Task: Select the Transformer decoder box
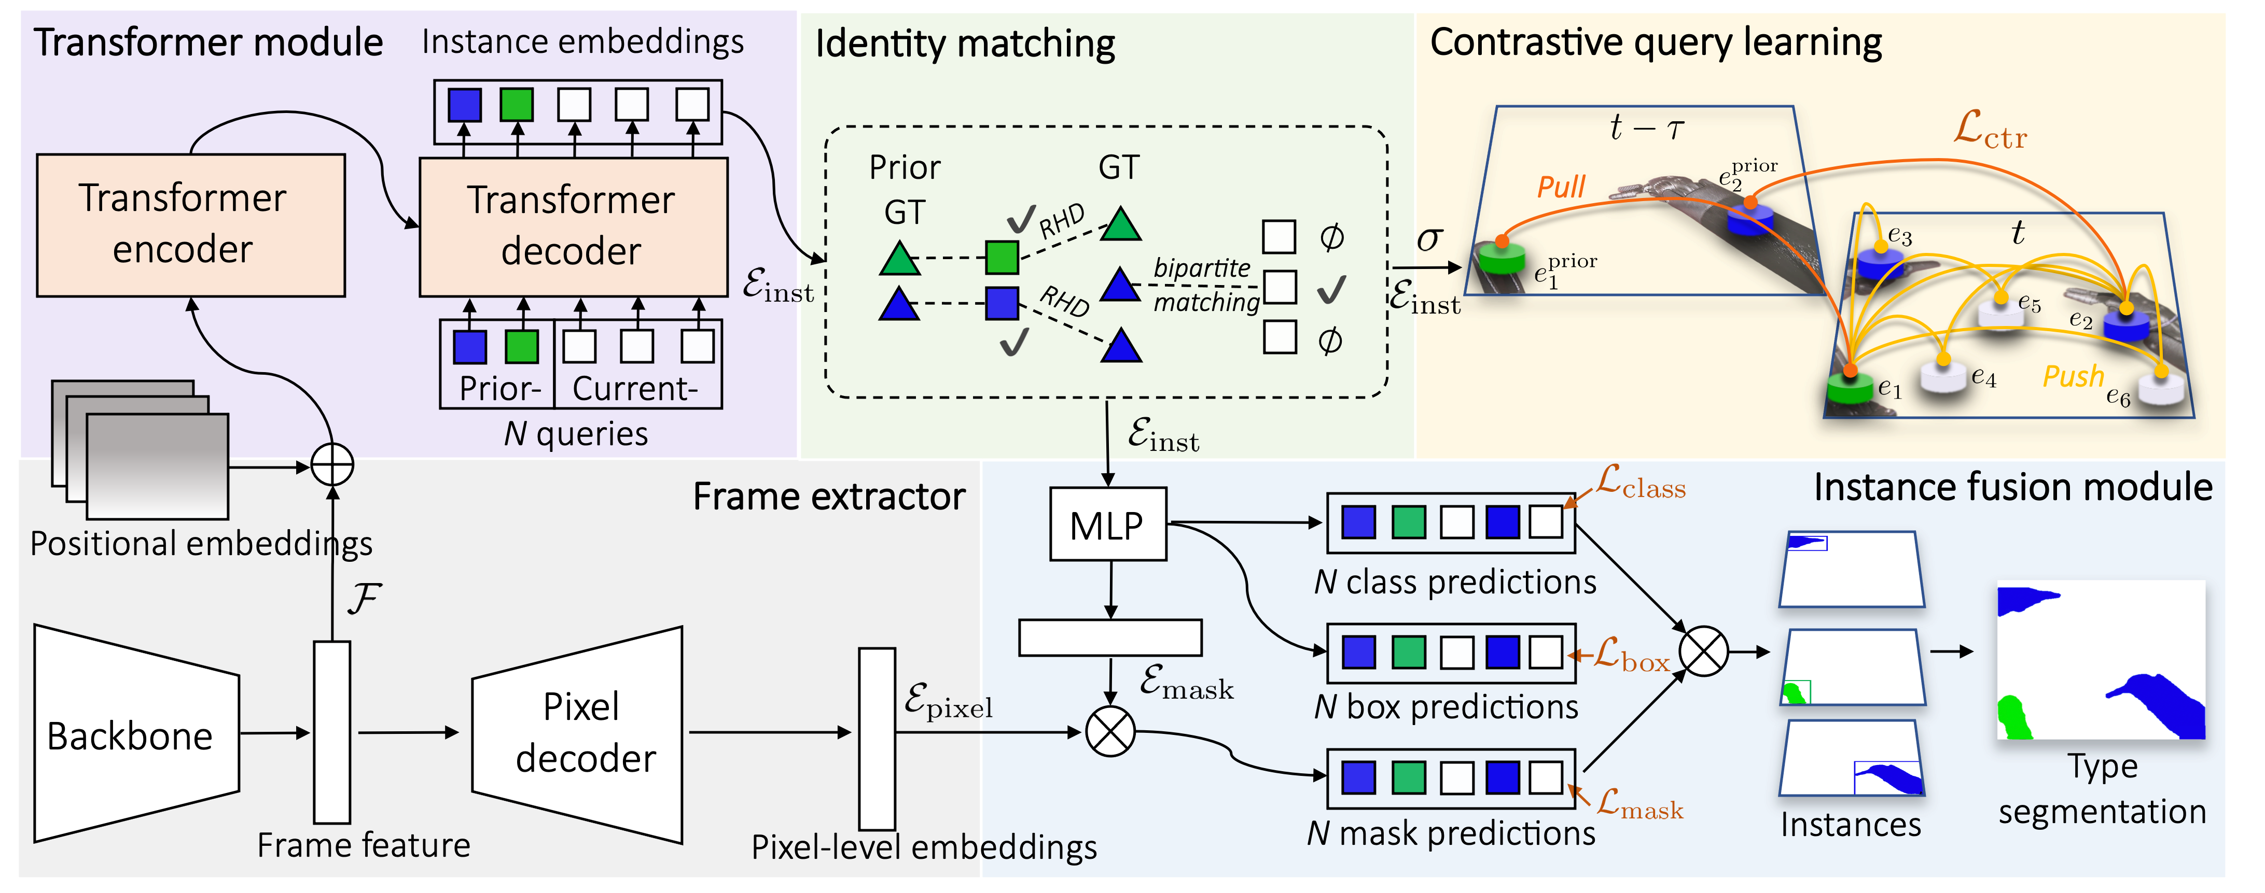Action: [x=573, y=227]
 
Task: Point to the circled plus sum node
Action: [x=332, y=466]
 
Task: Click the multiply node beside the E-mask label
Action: [x=1110, y=731]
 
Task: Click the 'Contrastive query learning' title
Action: [x=1655, y=42]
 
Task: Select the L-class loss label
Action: [x=1641, y=484]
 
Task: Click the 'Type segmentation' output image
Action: [x=2102, y=659]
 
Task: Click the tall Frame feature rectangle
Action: [x=332, y=731]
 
